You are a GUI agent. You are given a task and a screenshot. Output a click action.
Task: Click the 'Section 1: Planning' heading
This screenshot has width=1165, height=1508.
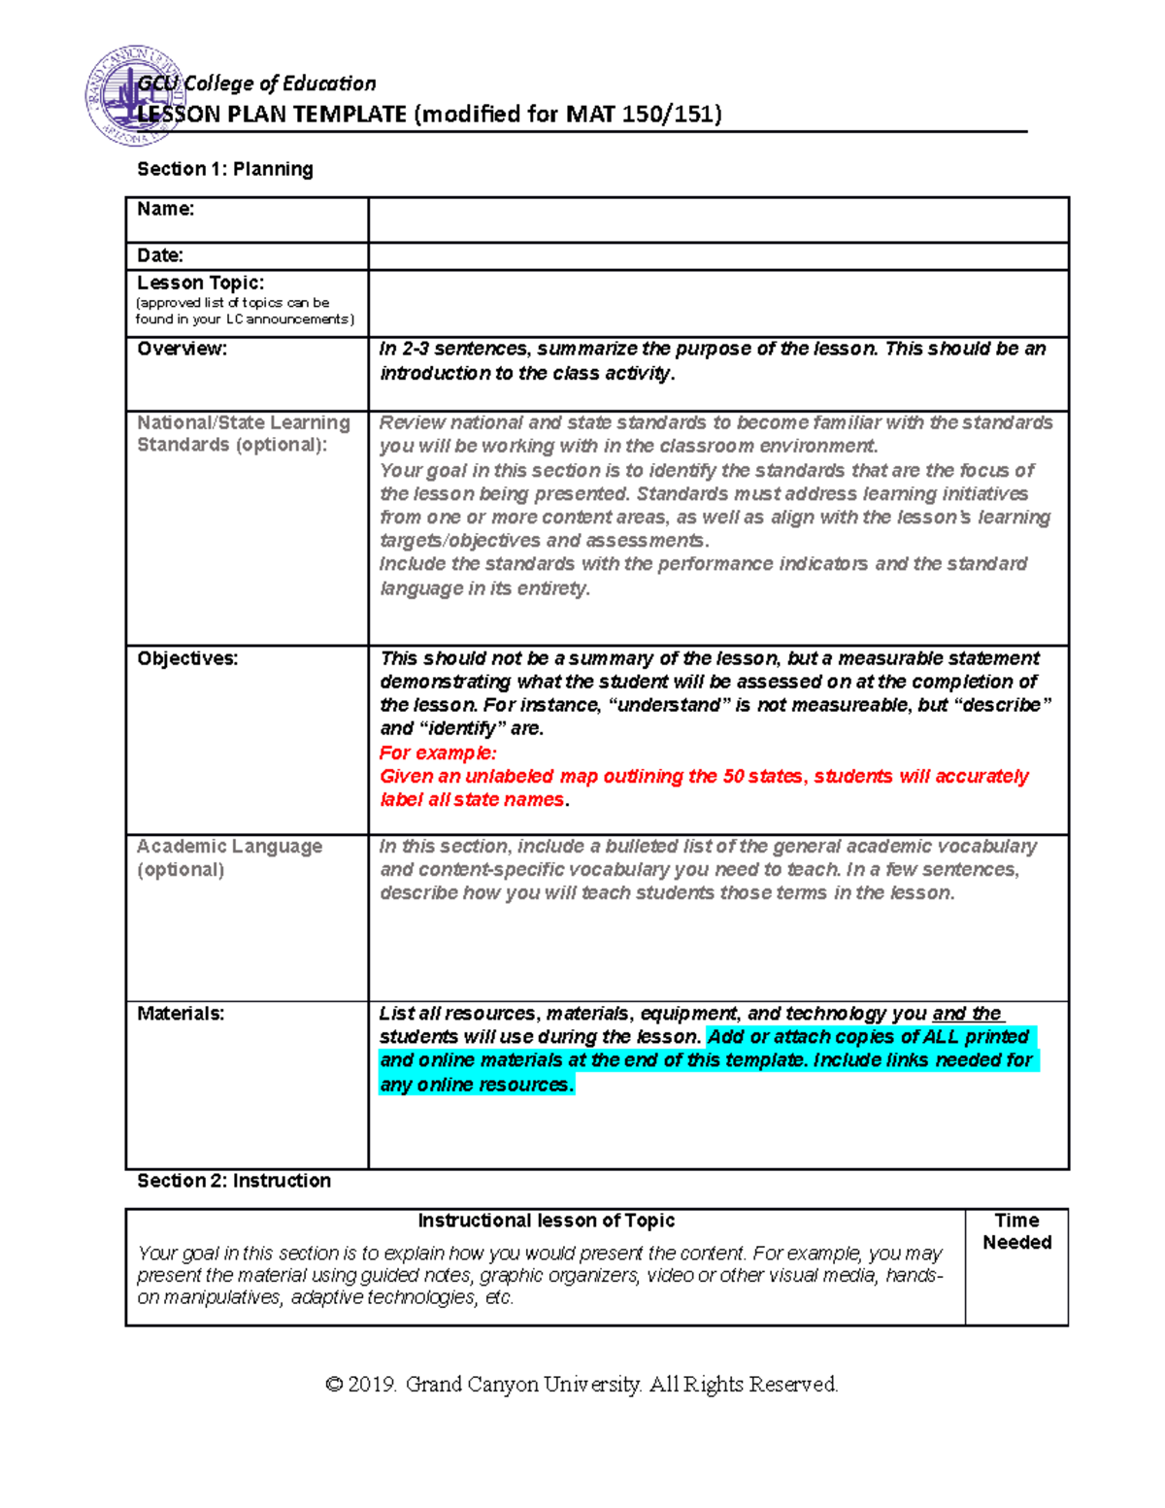coord(225,169)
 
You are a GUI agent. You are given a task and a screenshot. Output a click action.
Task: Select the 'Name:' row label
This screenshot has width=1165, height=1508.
coord(166,209)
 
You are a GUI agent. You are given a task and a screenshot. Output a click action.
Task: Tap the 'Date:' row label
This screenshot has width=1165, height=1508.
coord(160,255)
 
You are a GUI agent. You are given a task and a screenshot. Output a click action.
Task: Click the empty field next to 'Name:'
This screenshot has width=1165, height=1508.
coord(718,219)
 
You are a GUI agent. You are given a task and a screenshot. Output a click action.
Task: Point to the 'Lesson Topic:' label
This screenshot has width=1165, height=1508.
coord(200,283)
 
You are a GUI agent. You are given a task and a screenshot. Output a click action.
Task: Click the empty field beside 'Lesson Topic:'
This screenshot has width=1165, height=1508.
coord(718,303)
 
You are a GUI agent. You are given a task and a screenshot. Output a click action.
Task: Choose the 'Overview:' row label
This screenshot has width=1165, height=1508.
coord(182,349)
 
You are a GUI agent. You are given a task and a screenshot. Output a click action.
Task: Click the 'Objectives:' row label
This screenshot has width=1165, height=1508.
coord(187,658)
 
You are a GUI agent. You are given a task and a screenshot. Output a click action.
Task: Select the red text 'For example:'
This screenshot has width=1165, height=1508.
coord(438,753)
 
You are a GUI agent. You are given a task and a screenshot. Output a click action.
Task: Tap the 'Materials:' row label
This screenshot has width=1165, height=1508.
coord(181,1014)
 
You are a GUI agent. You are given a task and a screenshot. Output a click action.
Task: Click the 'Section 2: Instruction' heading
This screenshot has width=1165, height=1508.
coord(234,1181)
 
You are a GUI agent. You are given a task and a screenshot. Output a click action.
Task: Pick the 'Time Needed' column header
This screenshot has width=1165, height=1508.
coord(1016,1231)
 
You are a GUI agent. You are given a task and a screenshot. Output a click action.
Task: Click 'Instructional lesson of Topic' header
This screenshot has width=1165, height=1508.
coord(546,1221)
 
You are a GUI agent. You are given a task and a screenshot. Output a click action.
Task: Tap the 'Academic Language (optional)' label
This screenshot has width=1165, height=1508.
coord(229,857)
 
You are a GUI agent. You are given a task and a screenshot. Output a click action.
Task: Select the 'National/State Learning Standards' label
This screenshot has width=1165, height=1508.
coord(243,434)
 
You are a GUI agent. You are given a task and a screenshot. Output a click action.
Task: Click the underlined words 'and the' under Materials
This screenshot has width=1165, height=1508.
coord(967,1014)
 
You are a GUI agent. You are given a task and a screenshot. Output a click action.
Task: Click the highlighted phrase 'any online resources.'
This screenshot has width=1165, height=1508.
coord(477,1085)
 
